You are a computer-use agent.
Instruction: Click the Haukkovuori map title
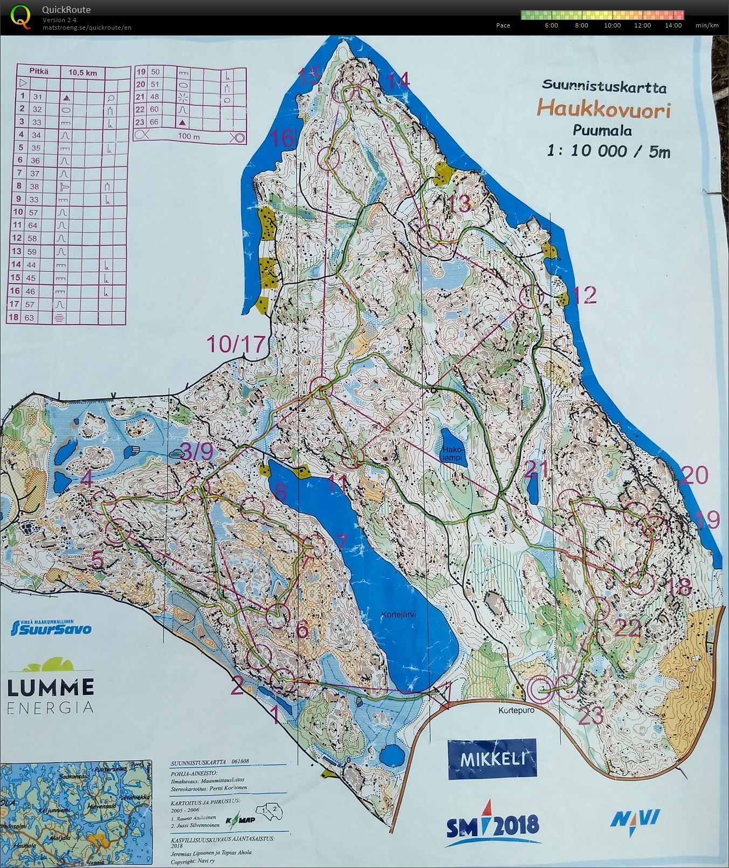[x=603, y=110]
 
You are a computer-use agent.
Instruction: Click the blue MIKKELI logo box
[x=492, y=759]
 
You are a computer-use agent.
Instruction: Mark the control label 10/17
[x=237, y=343]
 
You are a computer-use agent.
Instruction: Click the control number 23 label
[x=591, y=716]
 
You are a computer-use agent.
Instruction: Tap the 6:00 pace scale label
[x=551, y=25]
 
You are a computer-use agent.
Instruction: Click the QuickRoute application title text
[x=66, y=10]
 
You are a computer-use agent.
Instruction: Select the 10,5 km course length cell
[x=83, y=72]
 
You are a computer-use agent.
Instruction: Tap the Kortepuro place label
[x=517, y=710]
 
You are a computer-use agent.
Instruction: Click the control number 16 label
[x=283, y=138]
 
